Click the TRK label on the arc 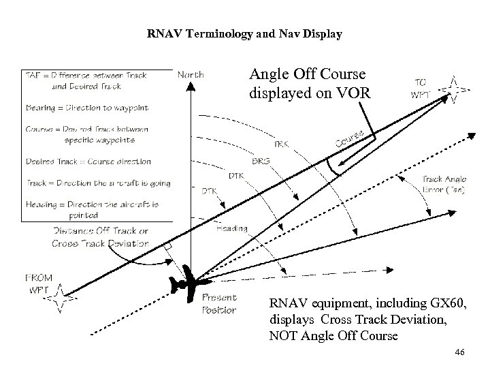[x=280, y=144]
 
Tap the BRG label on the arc [x=259, y=162]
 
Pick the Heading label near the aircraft [x=231, y=229]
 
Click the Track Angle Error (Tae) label [x=443, y=185]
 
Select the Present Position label [x=219, y=304]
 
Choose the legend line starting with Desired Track [x=88, y=162]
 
